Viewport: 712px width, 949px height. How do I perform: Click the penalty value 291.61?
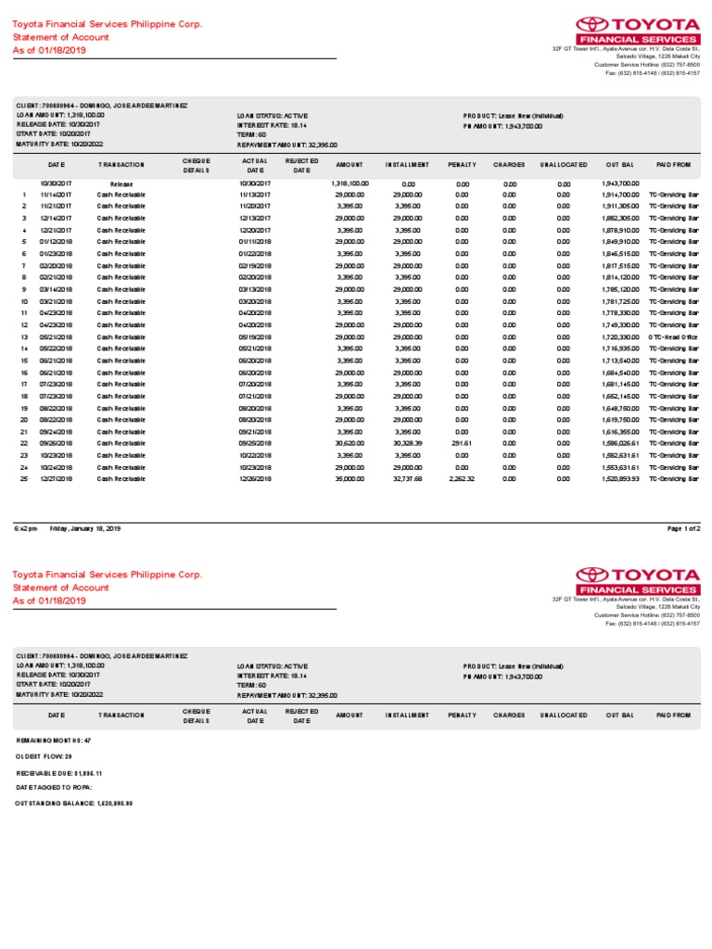(462, 443)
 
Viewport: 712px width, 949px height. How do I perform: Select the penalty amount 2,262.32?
(461, 479)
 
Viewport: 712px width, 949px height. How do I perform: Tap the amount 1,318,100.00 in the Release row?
(350, 184)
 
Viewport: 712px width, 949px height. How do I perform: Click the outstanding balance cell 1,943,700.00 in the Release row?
(620, 184)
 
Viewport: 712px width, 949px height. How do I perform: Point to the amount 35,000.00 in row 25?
(350, 479)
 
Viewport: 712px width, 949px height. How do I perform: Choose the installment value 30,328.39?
(407, 443)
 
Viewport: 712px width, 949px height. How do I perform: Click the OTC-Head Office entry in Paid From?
(673, 336)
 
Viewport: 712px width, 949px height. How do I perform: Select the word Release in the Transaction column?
(121, 184)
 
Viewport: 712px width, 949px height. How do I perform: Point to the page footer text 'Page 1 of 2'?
(684, 527)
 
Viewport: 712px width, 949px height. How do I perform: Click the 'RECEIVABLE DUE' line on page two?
(59, 772)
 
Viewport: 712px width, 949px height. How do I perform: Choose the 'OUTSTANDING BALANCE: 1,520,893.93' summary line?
(74, 803)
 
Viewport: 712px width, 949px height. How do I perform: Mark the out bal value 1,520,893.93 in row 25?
(620, 479)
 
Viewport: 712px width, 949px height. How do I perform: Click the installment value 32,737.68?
(407, 479)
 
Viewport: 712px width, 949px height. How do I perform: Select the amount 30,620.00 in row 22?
(350, 443)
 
